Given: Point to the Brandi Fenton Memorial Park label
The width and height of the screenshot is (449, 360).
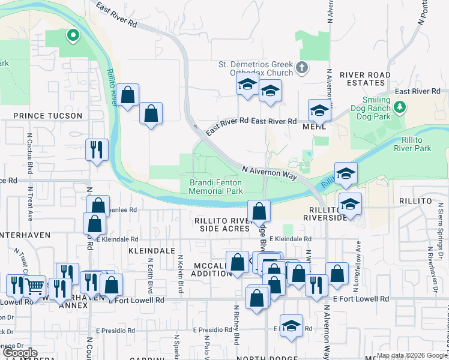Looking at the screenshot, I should pos(215,187).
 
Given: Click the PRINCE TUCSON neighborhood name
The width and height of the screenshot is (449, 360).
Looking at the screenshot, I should pos(47,115).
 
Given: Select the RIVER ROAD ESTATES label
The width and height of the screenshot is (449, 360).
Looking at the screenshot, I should pos(365,79).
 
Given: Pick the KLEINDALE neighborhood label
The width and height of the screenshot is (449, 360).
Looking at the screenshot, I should pos(151,250).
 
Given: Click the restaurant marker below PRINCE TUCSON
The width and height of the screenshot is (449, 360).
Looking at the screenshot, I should pos(97,150).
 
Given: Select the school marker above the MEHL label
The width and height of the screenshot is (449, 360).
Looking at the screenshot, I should pos(320,110).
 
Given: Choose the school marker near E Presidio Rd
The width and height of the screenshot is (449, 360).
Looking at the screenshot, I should pos(291,326).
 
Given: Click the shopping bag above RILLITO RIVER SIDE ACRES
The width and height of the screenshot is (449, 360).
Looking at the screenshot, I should pos(259,211).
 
